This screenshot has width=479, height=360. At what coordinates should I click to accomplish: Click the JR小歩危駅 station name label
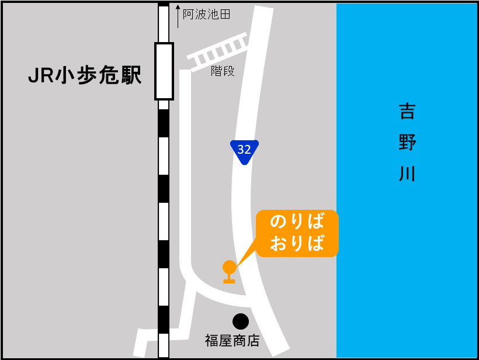[85, 75]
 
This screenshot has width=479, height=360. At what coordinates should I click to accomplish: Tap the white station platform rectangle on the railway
[164, 71]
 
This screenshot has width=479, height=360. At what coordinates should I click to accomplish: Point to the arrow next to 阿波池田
[178, 16]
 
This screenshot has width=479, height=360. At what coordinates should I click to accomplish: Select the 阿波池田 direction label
[206, 15]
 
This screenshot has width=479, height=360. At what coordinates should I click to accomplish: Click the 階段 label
[223, 71]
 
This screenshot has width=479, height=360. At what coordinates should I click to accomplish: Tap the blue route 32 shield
[244, 150]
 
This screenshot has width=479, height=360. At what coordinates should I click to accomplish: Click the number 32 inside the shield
[244, 149]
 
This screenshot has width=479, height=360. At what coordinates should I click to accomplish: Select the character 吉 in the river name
[407, 111]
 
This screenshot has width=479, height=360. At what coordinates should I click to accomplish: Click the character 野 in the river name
[407, 143]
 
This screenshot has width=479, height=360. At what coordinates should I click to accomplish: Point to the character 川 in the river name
[407, 173]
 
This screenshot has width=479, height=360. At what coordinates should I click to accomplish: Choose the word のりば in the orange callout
[297, 222]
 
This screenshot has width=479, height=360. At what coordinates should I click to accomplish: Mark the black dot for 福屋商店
[240, 321]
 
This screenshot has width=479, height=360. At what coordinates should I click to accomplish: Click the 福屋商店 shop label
[232, 341]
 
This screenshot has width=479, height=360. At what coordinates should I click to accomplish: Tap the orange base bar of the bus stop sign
[229, 281]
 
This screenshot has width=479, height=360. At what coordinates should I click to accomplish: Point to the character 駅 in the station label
[131, 75]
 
